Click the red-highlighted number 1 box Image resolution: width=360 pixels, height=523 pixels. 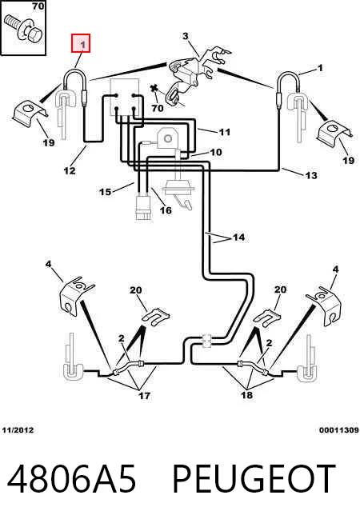pyautogui.click(x=81, y=43)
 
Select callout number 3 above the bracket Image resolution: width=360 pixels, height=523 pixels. pyautogui.click(x=186, y=36)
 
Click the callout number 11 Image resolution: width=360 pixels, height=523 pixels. pyautogui.click(x=225, y=132)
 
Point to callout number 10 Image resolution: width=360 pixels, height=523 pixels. pyautogui.click(x=215, y=152)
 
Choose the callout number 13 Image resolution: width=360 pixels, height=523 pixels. pyautogui.click(x=311, y=175)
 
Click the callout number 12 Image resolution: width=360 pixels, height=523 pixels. pyautogui.click(x=70, y=170)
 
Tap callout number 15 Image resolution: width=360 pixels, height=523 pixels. pyautogui.click(x=105, y=192)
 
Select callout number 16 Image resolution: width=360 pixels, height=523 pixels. pyautogui.click(x=166, y=210)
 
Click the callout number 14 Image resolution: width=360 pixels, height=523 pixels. pyautogui.click(x=238, y=238)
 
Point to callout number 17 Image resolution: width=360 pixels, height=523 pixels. pyautogui.click(x=144, y=396)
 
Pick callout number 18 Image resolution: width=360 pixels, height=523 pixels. pyautogui.click(x=246, y=395)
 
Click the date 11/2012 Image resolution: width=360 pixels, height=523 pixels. pyautogui.click(x=18, y=430)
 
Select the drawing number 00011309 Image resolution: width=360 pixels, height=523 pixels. pyautogui.click(x=339, y=430)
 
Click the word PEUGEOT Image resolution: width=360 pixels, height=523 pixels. pyautogui.click(x=254, y=479)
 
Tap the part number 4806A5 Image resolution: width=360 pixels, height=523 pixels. pyautogui.click(x=72, y=479)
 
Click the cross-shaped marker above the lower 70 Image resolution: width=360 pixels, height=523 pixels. pyautogui.click(x=154, y=89)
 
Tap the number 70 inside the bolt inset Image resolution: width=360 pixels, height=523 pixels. pyautogui.click(x=38, y=6)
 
